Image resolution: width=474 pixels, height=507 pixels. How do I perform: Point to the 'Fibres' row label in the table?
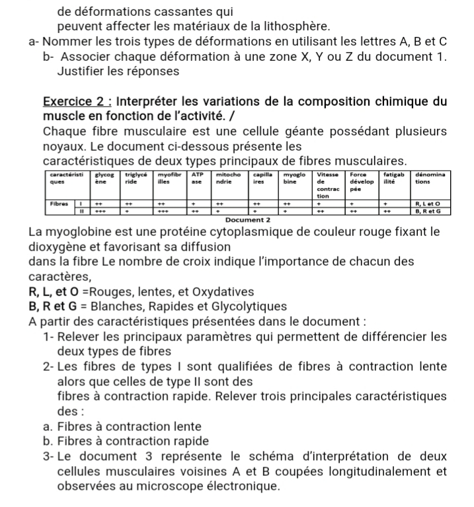tap(61, 204)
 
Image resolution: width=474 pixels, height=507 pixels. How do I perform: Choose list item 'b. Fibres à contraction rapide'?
tap(125, 441)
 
